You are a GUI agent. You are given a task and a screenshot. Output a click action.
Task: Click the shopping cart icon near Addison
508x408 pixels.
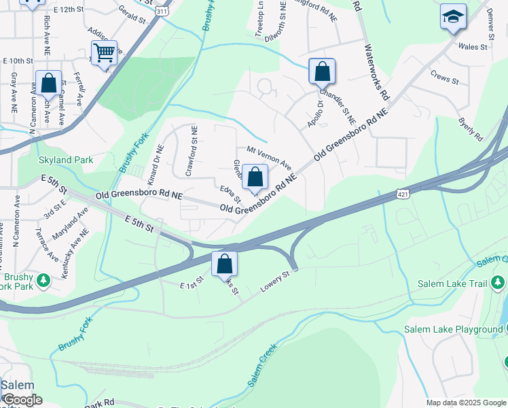pos(104,53)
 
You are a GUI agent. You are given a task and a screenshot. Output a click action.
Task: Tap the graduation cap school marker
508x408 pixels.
pos(453,18)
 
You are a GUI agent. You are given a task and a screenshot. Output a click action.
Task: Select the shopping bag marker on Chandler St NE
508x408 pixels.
pos(322,71)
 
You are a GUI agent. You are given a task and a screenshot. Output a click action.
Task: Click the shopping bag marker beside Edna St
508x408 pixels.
pos(255,178)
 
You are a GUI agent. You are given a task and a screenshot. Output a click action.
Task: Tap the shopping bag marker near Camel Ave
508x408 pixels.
pos(49,84)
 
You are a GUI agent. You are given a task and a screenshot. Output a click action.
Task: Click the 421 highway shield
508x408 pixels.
pos(403,195)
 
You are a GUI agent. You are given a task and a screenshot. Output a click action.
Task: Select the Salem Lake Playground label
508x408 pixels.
pos(453,329)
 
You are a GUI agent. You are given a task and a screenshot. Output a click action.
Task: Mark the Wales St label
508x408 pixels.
pos(473,47)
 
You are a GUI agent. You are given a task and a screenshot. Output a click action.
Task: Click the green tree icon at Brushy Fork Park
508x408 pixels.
pos(44,280)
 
